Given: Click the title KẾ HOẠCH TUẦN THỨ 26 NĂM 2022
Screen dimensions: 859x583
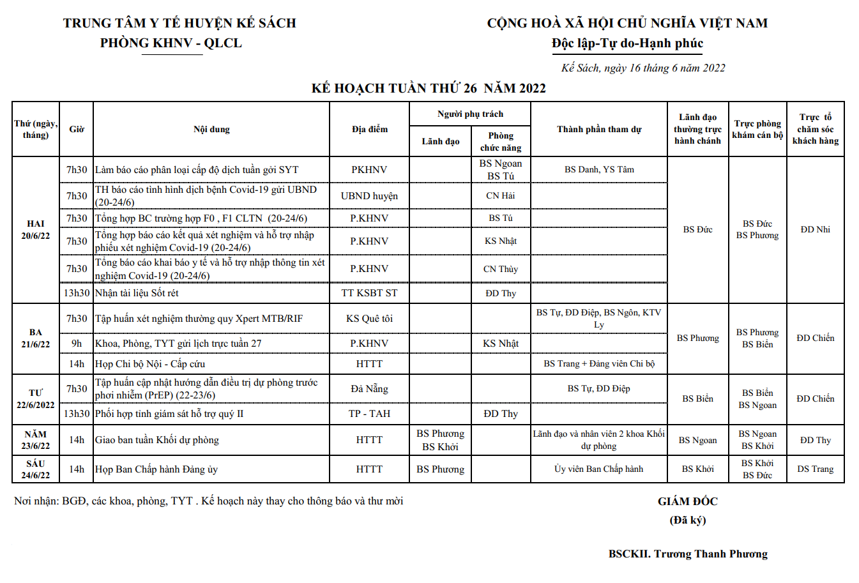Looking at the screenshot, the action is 429,88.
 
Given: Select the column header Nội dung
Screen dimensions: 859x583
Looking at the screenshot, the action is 211,129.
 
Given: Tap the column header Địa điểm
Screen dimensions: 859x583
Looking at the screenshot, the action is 369,129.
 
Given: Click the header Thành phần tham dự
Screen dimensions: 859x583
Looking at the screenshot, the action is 598,129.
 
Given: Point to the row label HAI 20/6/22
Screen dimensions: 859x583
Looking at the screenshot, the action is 36,230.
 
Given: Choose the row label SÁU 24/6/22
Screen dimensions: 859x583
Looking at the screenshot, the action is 36,469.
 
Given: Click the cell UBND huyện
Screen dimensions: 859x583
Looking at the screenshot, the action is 369,196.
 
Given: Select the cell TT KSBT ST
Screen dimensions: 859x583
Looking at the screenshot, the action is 369,293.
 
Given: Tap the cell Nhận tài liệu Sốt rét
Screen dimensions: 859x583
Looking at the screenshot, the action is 137,293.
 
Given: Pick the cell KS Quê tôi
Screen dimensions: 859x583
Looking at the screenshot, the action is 369,319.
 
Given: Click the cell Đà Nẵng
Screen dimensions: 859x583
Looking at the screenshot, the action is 369,389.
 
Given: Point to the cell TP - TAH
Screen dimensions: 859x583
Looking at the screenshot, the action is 369,414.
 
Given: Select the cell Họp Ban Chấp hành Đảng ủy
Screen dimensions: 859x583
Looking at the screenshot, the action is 156,469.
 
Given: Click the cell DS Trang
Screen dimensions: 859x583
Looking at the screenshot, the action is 815,469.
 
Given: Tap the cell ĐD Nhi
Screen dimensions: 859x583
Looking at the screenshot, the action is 815,229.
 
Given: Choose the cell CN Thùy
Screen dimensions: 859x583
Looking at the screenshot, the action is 501,269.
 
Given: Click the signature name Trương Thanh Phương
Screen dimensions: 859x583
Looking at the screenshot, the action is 688,554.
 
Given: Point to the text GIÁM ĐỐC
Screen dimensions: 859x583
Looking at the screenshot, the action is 688,501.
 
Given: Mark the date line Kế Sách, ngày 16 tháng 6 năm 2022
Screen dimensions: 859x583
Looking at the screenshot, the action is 643,68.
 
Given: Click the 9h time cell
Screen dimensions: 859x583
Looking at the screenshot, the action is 77,344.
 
